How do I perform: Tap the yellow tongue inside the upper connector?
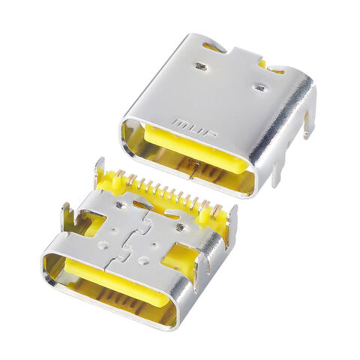(x=195, y=150)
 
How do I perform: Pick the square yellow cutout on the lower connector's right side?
(x=178, y=259)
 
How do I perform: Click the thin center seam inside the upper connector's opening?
(x=193, y=168)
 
